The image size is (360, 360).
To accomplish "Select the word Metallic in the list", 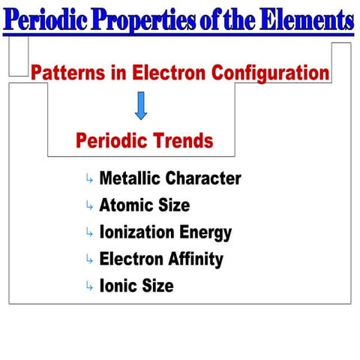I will coord(130,178).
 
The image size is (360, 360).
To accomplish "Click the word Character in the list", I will coord(203,178).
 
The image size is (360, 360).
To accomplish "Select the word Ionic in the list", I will coord(118,286).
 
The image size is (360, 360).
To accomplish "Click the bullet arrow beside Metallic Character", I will coord(89,179).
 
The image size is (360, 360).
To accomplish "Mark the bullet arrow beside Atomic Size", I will coord(89,206).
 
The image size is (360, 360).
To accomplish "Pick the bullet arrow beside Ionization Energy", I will coord(89,233).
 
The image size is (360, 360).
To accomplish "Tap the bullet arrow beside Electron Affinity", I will coord(89,260).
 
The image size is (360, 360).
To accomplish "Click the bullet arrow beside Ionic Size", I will coord(89,286).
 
